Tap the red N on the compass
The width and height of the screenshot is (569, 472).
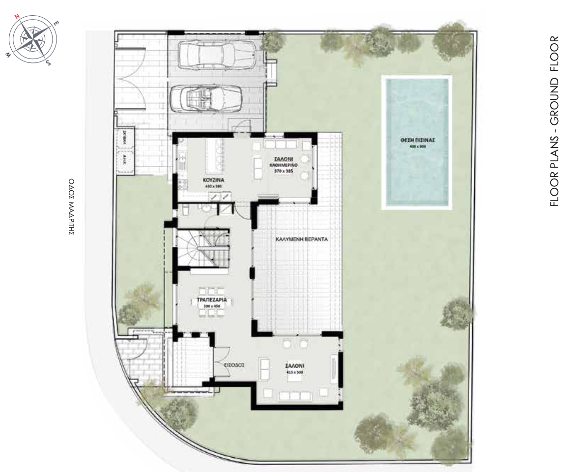coord(17,16)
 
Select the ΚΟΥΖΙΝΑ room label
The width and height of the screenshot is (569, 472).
coord(214,180)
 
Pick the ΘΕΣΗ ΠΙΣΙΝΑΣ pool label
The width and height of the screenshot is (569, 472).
coord(417,140)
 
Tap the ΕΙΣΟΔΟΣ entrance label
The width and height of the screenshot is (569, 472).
coord(234,365)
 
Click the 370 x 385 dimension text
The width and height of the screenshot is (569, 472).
coord(284,172)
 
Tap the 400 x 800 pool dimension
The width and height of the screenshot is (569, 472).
coord(417,146)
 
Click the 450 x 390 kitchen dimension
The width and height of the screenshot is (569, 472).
coord(214,187)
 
